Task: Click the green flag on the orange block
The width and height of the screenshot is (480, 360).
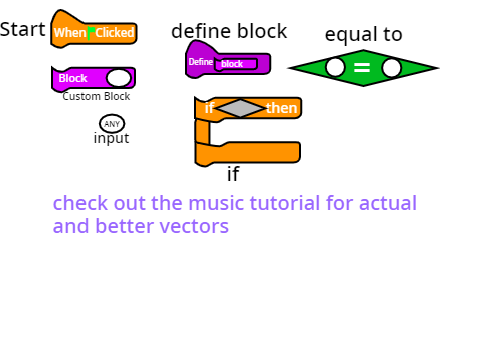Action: pos(90,33)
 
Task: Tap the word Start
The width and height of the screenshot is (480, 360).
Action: pos(23,29)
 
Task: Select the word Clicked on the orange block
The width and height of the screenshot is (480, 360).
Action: pos(115,33)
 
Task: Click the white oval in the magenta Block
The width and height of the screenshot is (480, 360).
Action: pos(119,78)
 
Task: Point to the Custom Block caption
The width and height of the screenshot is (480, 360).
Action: pos(96,96)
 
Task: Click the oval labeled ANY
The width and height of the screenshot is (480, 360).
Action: pos(112,124)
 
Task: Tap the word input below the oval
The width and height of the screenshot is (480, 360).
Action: pos(111,138)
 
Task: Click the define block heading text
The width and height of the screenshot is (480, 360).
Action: pos(229,31)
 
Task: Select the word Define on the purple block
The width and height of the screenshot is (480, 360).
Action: pos(201,62)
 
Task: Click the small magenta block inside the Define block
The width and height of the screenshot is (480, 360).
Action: pos(236,64)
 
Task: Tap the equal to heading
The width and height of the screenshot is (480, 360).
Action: pos(364,34)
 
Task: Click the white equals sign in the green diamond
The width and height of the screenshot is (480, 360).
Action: pos(362,68)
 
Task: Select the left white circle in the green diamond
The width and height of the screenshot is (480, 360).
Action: pos(335,67)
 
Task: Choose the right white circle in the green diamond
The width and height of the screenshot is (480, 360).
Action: pos(392,68)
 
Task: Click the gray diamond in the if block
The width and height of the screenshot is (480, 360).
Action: pos(240,108)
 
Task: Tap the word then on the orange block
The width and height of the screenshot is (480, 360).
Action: pos(282,108)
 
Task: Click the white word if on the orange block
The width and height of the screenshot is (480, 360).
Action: pos(209,108)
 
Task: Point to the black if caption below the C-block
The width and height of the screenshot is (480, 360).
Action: pos(233,174)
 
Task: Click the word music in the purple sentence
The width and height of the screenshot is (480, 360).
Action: pos(217,203)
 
